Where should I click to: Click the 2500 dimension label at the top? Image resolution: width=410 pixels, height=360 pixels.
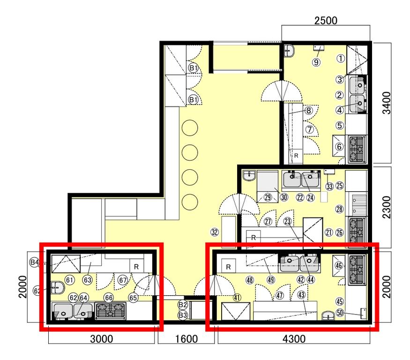326,21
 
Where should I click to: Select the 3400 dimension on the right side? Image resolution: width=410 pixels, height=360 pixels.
386,103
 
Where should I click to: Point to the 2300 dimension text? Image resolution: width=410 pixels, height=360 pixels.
386,208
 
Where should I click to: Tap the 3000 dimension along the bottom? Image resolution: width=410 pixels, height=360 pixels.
102,339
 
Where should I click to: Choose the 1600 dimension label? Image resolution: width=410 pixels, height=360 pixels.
186,339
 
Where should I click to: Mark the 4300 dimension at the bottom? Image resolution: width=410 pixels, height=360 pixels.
294,339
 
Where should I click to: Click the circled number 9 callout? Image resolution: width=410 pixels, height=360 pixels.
316,62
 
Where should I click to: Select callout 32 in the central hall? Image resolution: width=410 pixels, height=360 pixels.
215,232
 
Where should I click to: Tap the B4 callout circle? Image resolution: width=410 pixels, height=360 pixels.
35,262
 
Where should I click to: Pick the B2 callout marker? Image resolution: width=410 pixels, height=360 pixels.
183,305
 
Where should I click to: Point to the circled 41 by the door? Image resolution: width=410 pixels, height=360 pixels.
237,298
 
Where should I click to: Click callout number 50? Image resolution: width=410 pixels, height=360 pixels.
340,313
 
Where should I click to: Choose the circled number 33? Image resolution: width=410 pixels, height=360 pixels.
329,187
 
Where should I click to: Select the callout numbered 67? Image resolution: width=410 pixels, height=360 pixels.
123,280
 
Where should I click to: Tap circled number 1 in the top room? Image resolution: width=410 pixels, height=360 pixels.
341,58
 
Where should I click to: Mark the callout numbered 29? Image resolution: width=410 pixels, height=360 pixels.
268,197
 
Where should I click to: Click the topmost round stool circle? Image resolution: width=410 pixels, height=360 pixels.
190,127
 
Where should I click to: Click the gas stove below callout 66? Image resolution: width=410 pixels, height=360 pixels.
110,311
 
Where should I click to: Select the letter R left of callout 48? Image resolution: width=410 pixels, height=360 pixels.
228,267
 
